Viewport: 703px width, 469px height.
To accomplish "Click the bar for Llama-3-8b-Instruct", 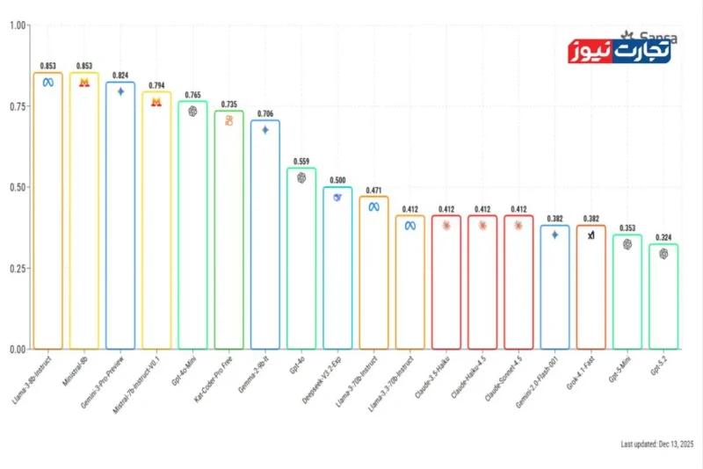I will pos(47,211).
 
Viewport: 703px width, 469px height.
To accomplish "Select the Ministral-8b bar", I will pos(84,211).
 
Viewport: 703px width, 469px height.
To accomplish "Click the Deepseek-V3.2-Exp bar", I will pos(337,268).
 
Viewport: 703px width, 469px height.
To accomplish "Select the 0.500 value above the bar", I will pos(337,180).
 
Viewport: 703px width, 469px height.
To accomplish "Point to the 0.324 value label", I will pos(663,237).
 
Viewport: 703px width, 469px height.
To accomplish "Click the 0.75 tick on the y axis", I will pos(17,106).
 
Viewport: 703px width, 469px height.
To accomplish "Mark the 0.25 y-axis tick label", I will pos(17,269).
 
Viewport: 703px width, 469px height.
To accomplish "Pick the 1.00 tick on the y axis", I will pos(17,25).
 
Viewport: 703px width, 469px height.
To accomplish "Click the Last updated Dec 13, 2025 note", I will pos(656,444).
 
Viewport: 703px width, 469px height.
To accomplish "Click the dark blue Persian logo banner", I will pos(620,51).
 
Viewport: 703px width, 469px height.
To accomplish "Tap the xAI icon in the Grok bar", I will pos(591,235).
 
